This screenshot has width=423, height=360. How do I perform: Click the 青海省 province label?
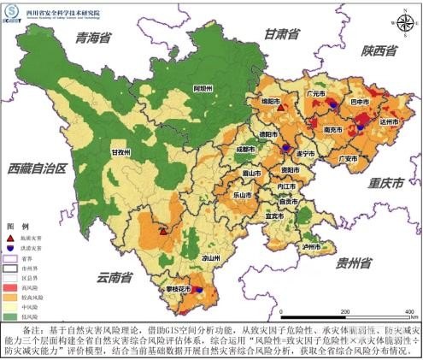coord(94,38)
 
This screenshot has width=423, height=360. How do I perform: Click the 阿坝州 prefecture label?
coord(202,88)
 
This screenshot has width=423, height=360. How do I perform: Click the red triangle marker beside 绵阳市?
coord(279,109)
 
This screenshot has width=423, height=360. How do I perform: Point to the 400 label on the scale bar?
coord(408,311)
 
